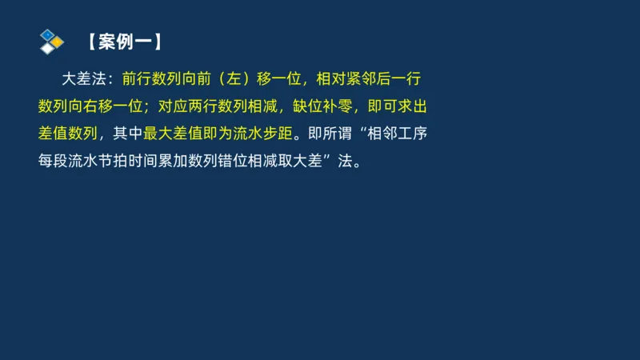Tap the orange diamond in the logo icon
point(58,42)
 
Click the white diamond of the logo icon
point(48,48)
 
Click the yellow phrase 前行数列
point(149,79)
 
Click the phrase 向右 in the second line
point(82,106)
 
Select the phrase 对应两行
point(184,106)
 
